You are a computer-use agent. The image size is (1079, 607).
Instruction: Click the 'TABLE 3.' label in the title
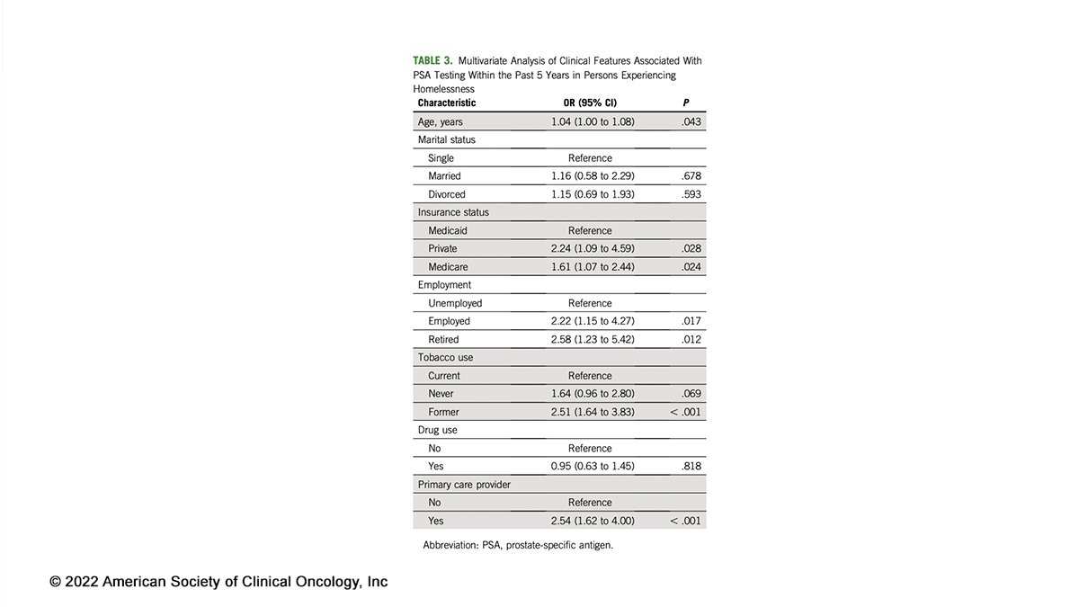[432, 60]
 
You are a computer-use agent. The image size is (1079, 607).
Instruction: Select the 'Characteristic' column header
[447, 103]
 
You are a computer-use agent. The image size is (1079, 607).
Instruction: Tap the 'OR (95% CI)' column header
[590, 103]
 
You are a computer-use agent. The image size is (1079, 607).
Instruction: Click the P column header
[687, 103]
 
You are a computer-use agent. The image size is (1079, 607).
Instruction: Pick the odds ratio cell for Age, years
[593, 121]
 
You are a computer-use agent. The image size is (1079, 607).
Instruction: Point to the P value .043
[691, 121]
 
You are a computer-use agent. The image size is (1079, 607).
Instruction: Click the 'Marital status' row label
[447, 139]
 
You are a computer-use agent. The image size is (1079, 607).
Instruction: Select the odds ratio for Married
[593, 176]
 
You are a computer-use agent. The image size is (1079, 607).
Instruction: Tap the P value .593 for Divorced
[691, 194]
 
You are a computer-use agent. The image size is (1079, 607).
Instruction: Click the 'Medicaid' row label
[448, 230]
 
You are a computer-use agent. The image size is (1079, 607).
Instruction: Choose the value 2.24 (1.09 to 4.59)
[593, 248]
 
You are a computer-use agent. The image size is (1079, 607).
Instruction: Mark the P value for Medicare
[691, 267]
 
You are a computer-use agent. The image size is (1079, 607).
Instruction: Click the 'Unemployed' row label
[455, 303]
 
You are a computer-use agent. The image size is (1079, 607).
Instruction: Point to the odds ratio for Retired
[593, 339]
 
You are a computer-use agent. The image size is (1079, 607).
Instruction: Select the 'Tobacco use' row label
[445, 357]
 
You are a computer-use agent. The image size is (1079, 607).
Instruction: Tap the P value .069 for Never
[691, 394]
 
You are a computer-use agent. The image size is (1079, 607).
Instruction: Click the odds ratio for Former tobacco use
[593, 412]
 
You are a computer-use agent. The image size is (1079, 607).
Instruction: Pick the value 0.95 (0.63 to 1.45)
[593, 466]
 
